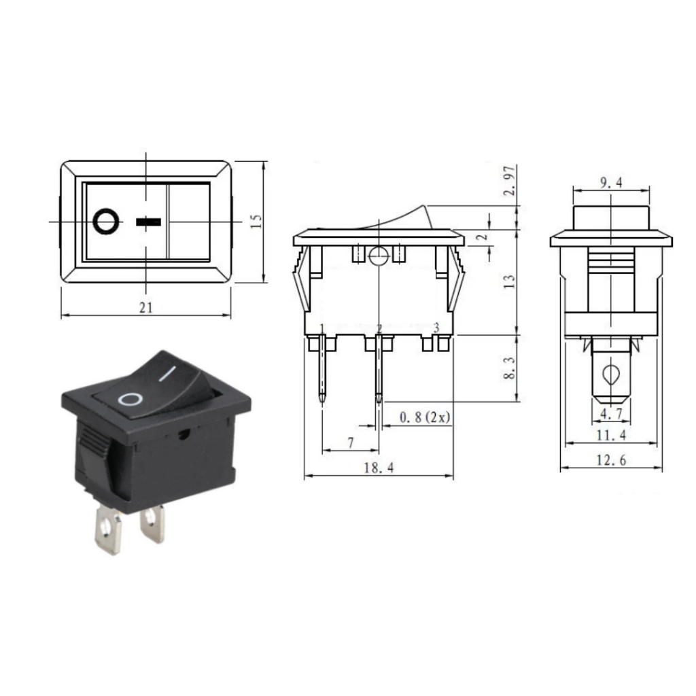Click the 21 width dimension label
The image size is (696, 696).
click(x=145, y=307)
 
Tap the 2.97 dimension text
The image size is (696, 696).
click(x=510, y=181)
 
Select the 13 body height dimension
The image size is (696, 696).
click(x=510, y=281)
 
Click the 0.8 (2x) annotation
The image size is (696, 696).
click(x=425, y=417)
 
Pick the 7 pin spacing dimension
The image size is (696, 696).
click(x=350, y=442)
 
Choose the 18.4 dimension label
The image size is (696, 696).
click(x=379, y=468)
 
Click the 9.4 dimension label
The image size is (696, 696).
click(x=611, y=182)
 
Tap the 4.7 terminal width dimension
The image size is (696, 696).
click(x=611, y=414)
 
